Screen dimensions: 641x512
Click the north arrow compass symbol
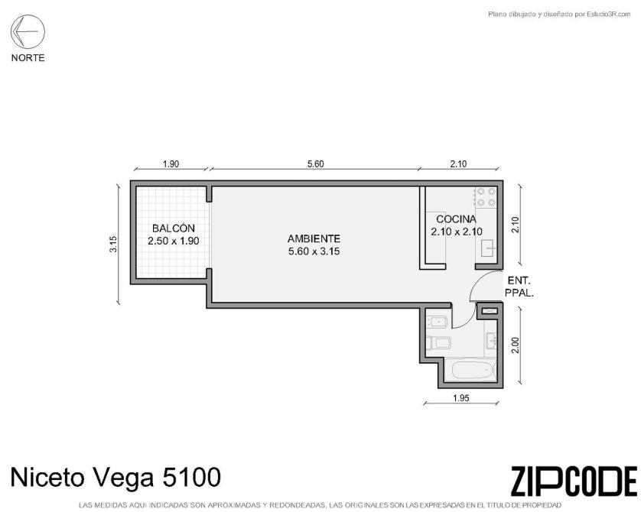(x=28, y=31)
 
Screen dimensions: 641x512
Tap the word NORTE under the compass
(x=28, y=58)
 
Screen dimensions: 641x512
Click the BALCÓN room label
(x=174, y=228)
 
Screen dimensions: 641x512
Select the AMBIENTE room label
(x=314, y=238)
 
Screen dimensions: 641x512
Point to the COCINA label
(x=456, y=219)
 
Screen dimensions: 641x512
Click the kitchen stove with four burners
(x=486, y=197)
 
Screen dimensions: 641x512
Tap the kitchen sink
(x=489, y=248)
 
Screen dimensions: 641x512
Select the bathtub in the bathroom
(x=472, y=371)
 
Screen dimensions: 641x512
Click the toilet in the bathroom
(x=438, y=342)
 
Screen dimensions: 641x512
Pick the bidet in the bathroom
(x=438, y=322)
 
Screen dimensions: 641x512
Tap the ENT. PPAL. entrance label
(x=519, y=287)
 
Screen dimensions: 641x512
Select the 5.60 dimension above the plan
(x=315, y=164)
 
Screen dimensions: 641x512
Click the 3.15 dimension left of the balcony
(x=113, y=245)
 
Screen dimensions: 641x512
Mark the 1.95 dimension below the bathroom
(x=461, y=397)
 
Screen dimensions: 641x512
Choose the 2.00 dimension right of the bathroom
(x=515, y=345)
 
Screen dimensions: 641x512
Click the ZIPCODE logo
(x=574, y=481)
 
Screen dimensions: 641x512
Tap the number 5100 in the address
(x=192, y=478)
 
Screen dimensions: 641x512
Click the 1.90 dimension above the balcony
(x=171, y=164)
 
